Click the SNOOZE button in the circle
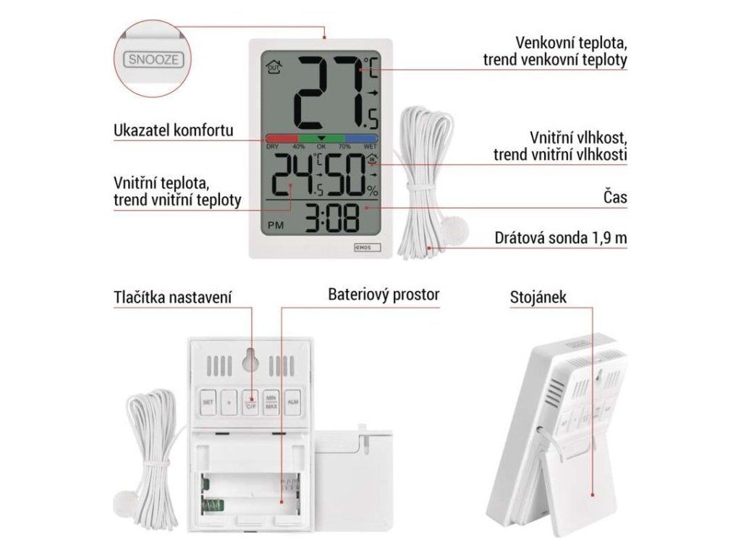pos(153,59)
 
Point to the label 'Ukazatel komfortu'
pos(173,131)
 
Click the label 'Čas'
pos(614,198)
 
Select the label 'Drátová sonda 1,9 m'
pos(561,238)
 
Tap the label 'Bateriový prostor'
pos(384,295)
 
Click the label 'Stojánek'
pos(536,297)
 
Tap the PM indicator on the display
pos(276,225)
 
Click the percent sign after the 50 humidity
pos(372,191)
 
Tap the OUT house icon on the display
pos(274,67)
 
